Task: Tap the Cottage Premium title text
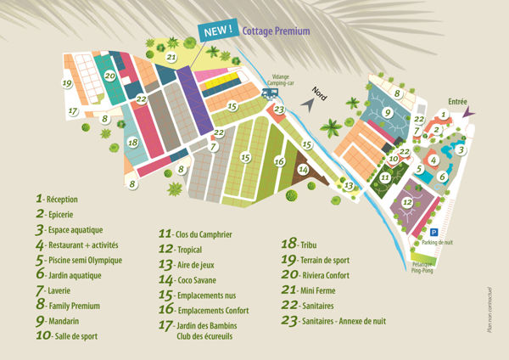[276, 31]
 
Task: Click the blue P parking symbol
[433, 231]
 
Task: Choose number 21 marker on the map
[171, 58]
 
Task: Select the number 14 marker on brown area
[303, 170]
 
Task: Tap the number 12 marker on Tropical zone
[407, 202]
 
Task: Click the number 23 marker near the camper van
[279, 109]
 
